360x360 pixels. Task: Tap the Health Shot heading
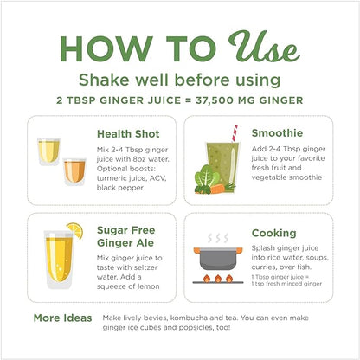click(128, 134)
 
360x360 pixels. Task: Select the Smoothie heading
click(277, 133)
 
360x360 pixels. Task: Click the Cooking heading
click(273, 233)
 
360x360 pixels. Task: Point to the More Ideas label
click(62, 318)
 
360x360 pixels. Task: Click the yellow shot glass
click(48, 151)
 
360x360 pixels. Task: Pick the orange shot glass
click(74, 172)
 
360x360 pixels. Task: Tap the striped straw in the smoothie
click(235, 133)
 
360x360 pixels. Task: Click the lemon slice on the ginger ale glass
click(75, 230)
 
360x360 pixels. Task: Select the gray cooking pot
click(218, 258)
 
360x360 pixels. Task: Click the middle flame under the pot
click(218, 278)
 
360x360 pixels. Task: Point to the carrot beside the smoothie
click(220, 190)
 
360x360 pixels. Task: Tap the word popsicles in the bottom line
click(196, 328)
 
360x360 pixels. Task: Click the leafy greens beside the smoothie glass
click(206, 177)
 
